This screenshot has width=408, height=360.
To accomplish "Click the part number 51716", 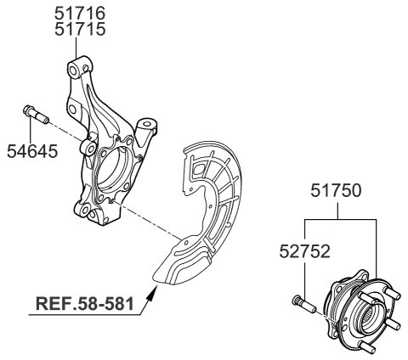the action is pos(80,13).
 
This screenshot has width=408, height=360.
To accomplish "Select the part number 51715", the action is pos(80,29).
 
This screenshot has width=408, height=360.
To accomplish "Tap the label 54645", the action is pos(32,151).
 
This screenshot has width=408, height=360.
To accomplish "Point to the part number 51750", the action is pos(336,190).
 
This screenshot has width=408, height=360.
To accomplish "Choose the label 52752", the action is pos(305,251).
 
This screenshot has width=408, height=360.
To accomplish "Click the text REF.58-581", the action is pos(85,304).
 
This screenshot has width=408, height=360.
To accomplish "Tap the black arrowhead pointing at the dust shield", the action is pos(152,293).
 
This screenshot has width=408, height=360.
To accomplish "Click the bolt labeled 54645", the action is pos(36,115).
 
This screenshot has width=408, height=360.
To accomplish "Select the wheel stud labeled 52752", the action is pos(303,304).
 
